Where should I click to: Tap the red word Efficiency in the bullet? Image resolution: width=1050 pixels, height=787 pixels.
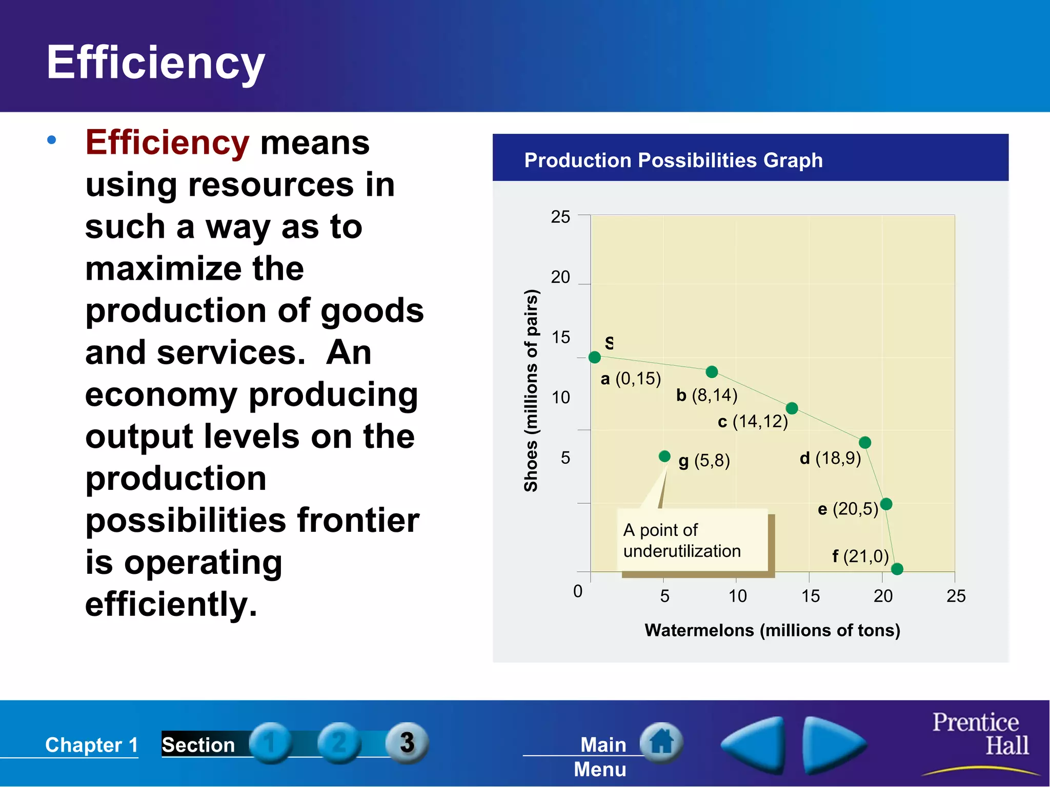(167, 142)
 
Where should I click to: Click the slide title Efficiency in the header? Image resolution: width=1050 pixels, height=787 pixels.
(155, 63)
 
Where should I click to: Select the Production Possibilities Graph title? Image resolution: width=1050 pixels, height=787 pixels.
(673, 160)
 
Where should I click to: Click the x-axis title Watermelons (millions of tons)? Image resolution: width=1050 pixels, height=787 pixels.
(772, 630)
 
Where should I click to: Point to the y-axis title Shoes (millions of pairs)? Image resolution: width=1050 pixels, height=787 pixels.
(531, 390)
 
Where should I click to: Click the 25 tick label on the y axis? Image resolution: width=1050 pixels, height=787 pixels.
(560, 217)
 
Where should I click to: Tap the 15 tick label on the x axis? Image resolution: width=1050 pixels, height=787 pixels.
(811, 596)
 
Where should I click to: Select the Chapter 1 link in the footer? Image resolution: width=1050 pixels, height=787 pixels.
(91, 745)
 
